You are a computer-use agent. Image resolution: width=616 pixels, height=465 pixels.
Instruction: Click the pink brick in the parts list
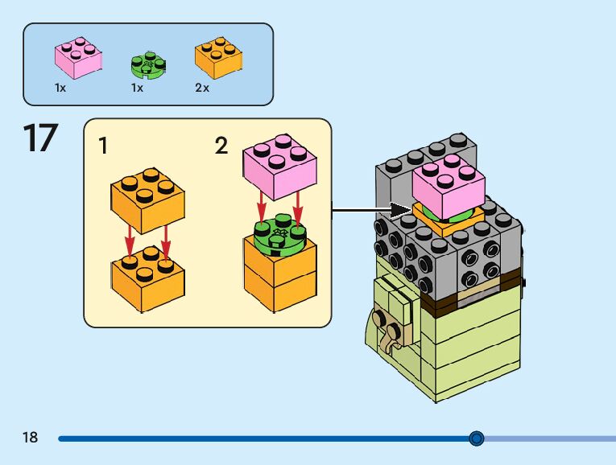click(x=78, y=59)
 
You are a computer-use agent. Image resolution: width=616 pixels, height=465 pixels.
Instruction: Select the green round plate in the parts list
click(x=147, y=64)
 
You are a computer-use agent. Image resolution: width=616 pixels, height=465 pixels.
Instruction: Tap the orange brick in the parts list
click(x=218, y=59)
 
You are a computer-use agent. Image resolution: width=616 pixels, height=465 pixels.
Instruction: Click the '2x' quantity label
click(x=202, y=88)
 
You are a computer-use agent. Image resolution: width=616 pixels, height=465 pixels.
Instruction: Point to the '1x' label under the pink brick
click(x=60, y=88)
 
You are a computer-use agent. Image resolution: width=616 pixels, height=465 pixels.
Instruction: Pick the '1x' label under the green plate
click(x=137, y=88)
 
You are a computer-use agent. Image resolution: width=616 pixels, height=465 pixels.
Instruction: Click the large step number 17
click(x=39, y=138)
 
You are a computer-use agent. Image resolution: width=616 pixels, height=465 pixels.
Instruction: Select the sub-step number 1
click(x=102, y=146)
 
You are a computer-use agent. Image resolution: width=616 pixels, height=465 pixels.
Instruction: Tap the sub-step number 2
click(x=221, y=146)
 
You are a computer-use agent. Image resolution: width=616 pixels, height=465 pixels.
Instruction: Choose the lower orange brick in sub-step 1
click(x=147, y=278)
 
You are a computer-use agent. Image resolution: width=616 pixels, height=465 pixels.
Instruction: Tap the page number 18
click(x=31, y=438)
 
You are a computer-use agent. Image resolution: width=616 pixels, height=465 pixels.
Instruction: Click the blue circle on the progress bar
click(x=477, y=438)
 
